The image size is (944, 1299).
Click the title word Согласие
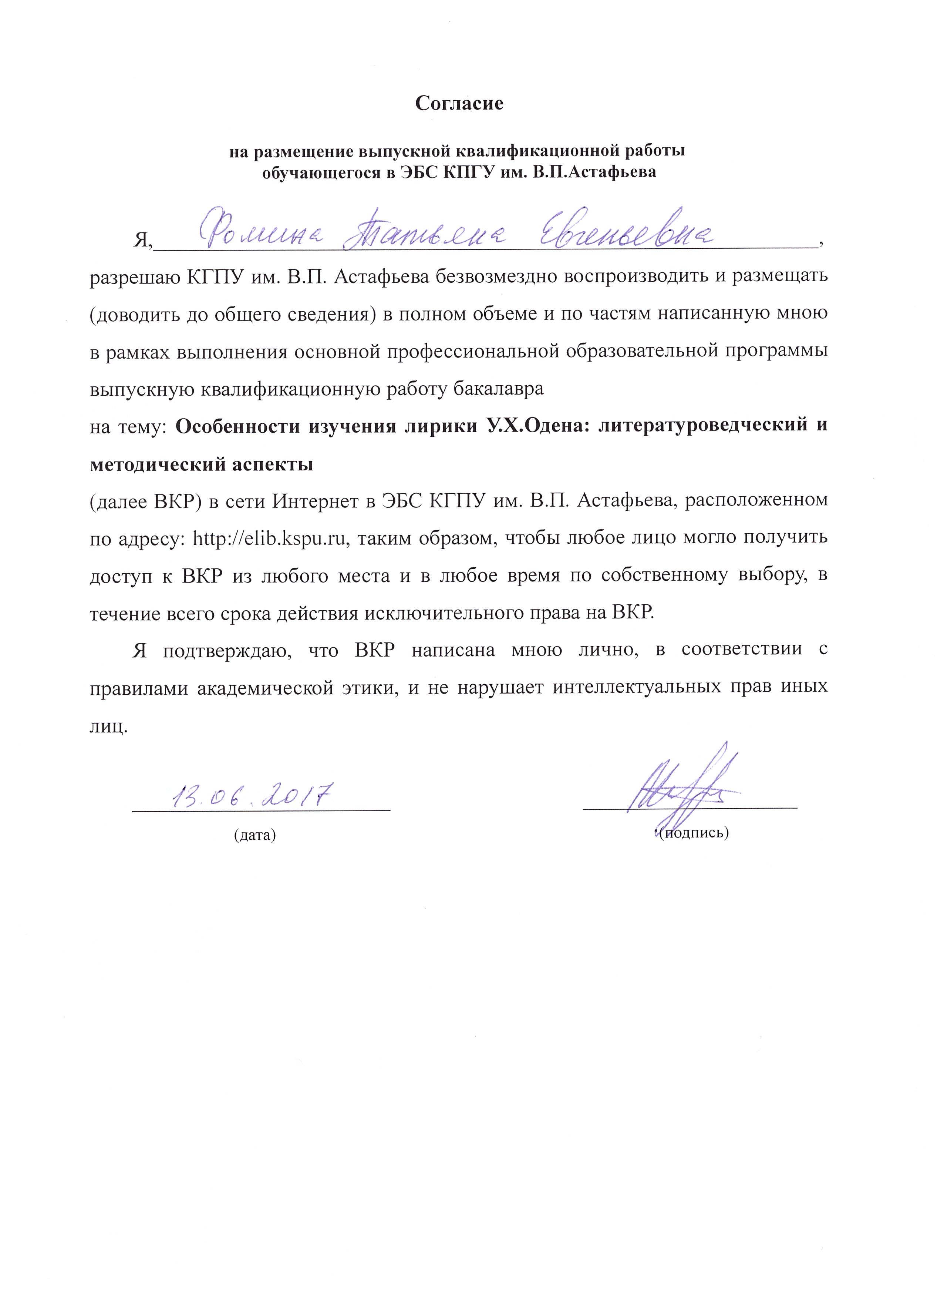pos(459,103)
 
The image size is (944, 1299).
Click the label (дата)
pos(255,835)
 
